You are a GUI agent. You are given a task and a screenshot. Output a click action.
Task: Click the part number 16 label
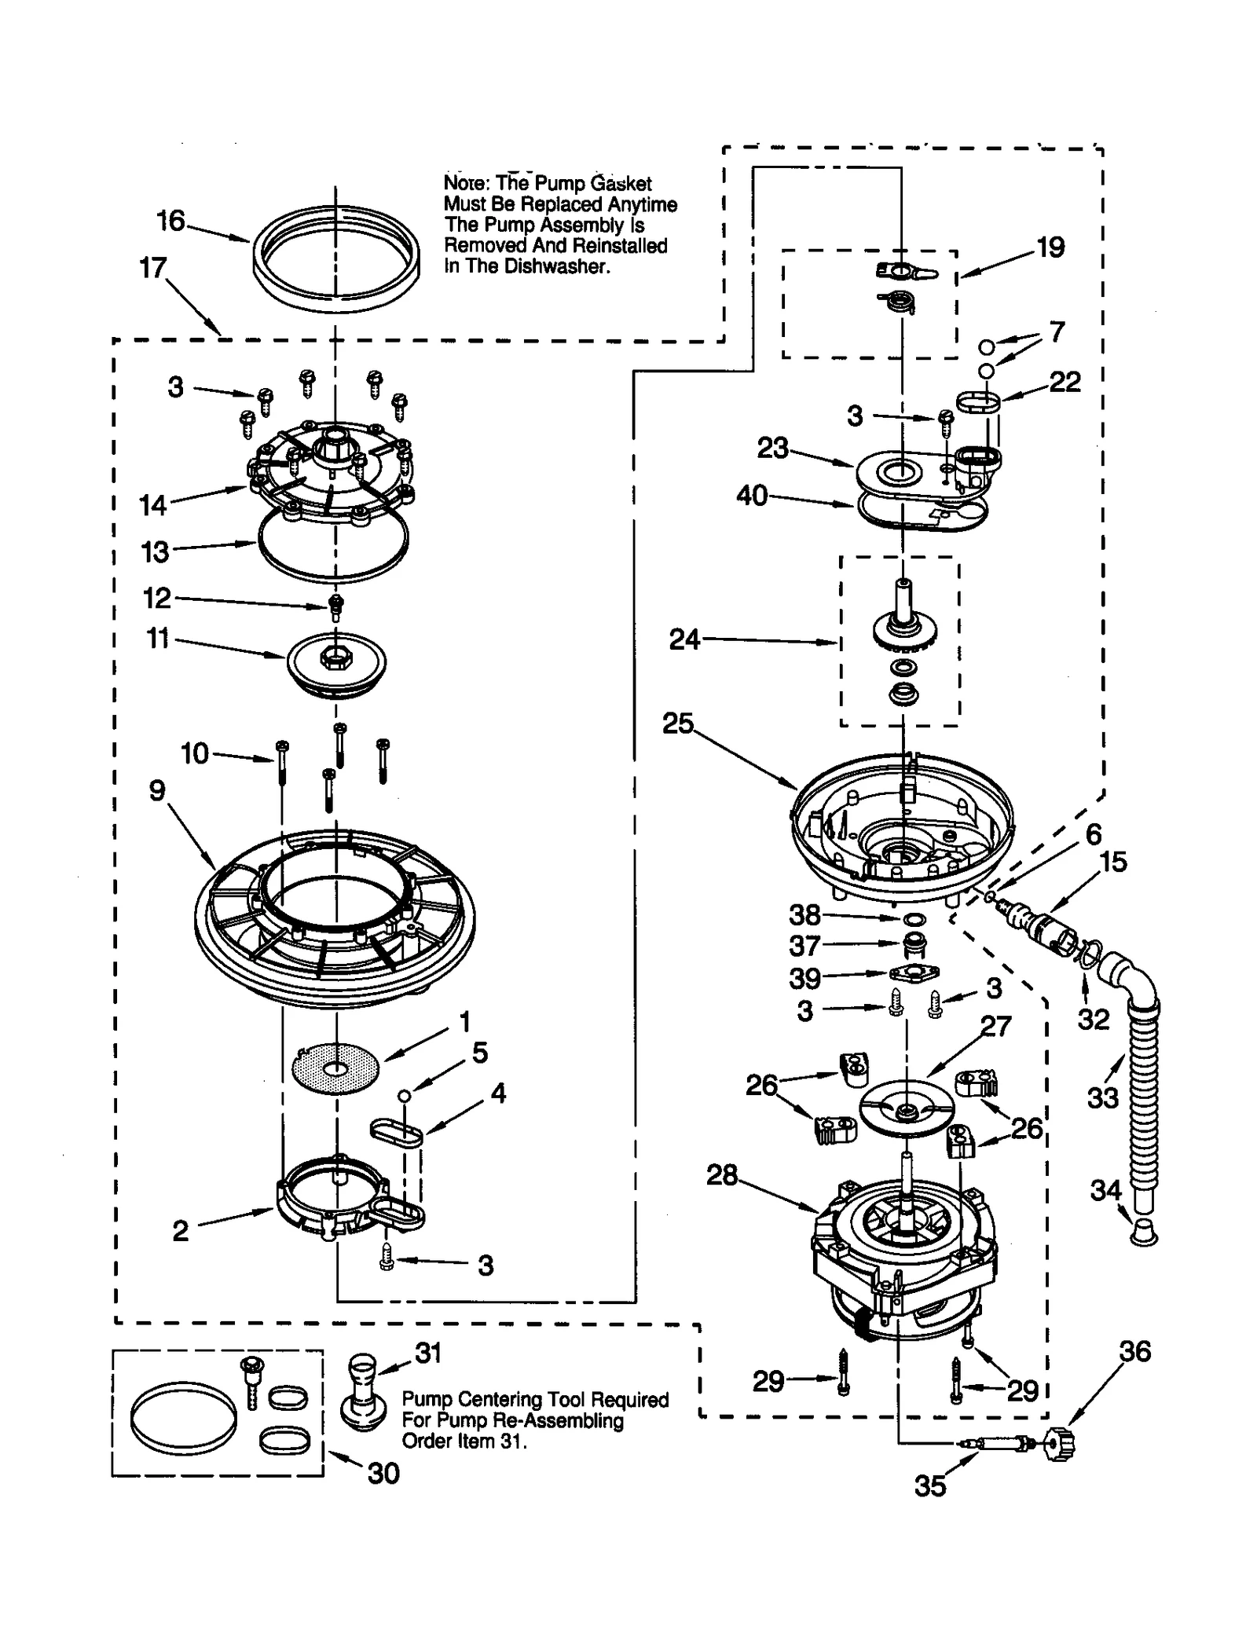pyautogui.click(x=170, y=221)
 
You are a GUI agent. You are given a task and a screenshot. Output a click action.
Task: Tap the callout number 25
pyautogui.click(x=677, y=723)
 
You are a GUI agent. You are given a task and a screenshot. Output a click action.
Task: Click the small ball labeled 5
pyautogui.click(x=403, y=1096)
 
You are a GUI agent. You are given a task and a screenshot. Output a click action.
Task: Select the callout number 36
pyautogui.click(x=1134, y=1351)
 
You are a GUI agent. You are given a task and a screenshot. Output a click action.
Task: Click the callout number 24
pyautogui.click(x=684, y=639)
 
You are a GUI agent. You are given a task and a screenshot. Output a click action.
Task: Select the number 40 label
pyautogui.click(x=752, y=496)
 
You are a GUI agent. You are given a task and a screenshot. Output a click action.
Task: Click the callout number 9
pyautogui.click(x=157, y=790)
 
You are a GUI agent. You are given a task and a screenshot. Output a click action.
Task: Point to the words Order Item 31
pyautogui.click(x=464, y=1441)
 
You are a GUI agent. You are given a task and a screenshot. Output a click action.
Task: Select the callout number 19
pyautogui.click(x=1050, y=247)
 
